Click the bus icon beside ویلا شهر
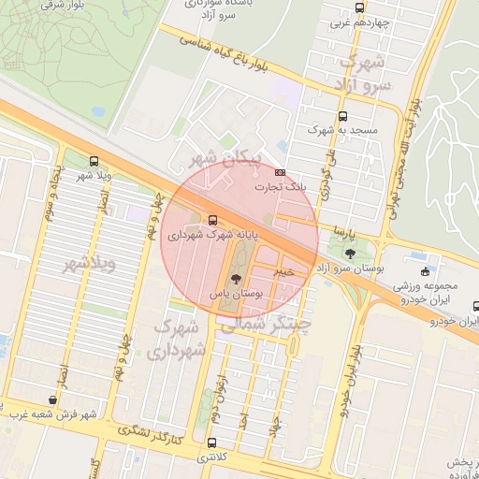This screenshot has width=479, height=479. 93,161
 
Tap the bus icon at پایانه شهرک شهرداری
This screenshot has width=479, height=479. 211,221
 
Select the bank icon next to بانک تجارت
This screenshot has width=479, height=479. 280,173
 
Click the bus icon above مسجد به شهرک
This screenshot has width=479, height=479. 343,117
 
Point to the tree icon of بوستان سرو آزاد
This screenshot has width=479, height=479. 350,254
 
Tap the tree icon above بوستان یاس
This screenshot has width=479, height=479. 236,278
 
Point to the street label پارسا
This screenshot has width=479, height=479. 334,229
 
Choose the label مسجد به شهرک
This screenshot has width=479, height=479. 347,131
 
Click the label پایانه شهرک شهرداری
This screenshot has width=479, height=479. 210,236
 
